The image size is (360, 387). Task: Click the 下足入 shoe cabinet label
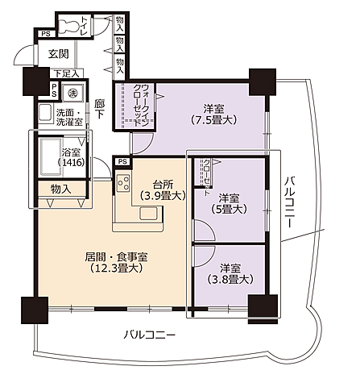(64, 74)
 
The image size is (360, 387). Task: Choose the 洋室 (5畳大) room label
(229, 203)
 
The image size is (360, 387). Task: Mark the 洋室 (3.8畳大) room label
(230, 273)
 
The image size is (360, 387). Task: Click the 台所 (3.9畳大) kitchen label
(163, 189)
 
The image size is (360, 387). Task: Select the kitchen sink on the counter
(150, 213)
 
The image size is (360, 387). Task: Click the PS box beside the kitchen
(122, 161)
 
